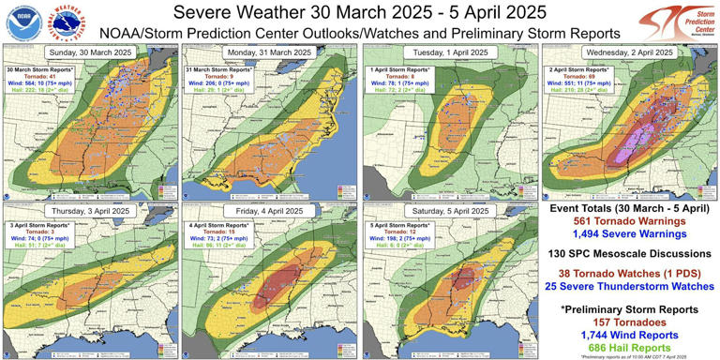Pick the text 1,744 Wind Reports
point(630,335)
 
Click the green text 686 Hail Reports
point(630,348)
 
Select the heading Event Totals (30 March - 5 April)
point(630,208)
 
